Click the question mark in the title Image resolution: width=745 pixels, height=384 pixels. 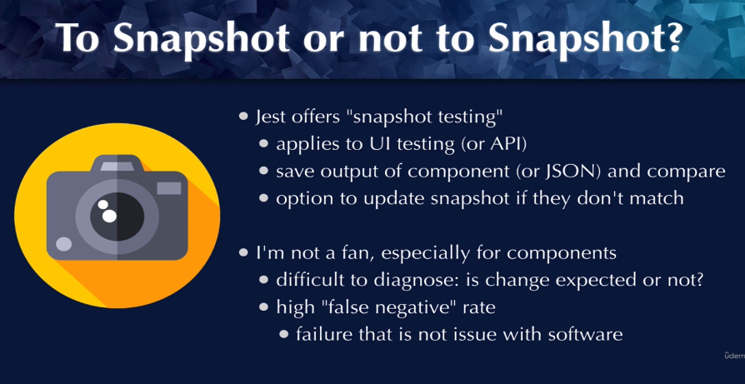coord(669,37)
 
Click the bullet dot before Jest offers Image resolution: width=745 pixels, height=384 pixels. coord(243,117)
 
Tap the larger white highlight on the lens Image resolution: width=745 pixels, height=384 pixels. coord(109,216)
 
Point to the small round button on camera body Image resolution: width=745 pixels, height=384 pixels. coord(63,244)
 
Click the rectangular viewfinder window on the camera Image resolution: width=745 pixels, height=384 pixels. coord(169,188)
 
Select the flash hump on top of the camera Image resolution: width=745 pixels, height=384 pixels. coord(117,163)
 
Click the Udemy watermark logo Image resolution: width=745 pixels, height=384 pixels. coord(734,356)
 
